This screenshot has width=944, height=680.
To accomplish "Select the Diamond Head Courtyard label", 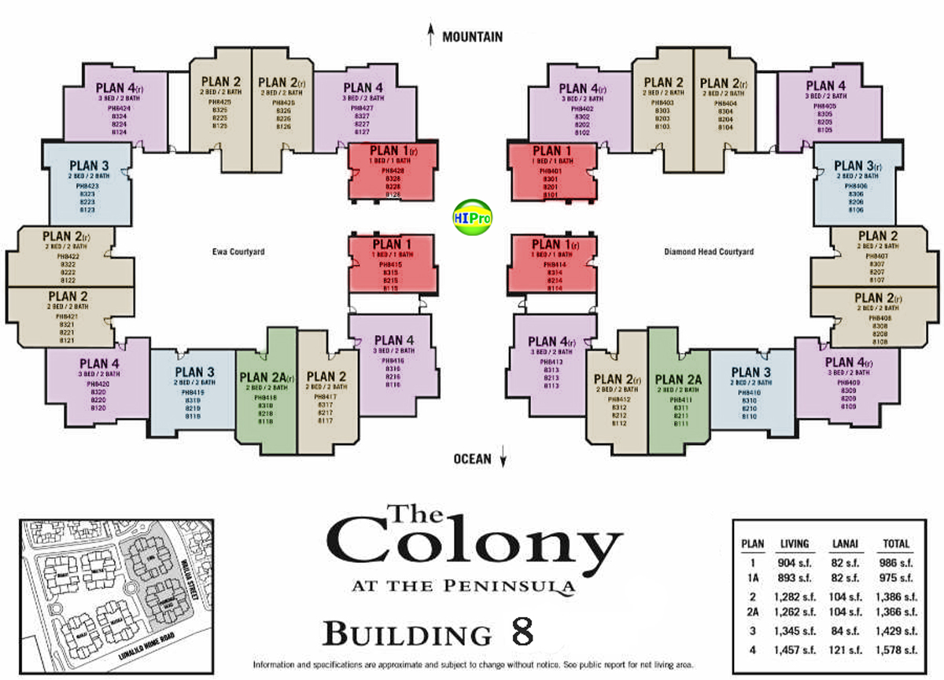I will tap(708, 252).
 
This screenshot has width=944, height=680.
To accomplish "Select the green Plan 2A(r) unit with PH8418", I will tap(266, 399).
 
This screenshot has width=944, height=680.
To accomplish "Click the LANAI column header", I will tap(844, 543).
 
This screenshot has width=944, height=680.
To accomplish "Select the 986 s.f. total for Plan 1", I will tap(895, 563).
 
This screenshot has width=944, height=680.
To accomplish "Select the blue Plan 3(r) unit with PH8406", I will tap(854, 186).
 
